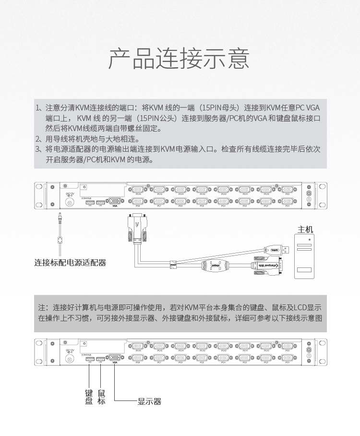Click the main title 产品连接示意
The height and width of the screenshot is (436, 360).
179,59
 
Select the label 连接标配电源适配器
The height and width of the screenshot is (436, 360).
70,263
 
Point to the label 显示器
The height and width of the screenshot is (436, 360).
149,401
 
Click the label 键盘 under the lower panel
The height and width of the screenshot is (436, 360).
89,397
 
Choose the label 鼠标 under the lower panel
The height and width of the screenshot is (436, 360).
101,397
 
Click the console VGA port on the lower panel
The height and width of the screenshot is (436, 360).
114,358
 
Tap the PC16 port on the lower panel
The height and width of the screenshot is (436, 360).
138,346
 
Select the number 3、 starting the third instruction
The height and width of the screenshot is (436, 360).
39,149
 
